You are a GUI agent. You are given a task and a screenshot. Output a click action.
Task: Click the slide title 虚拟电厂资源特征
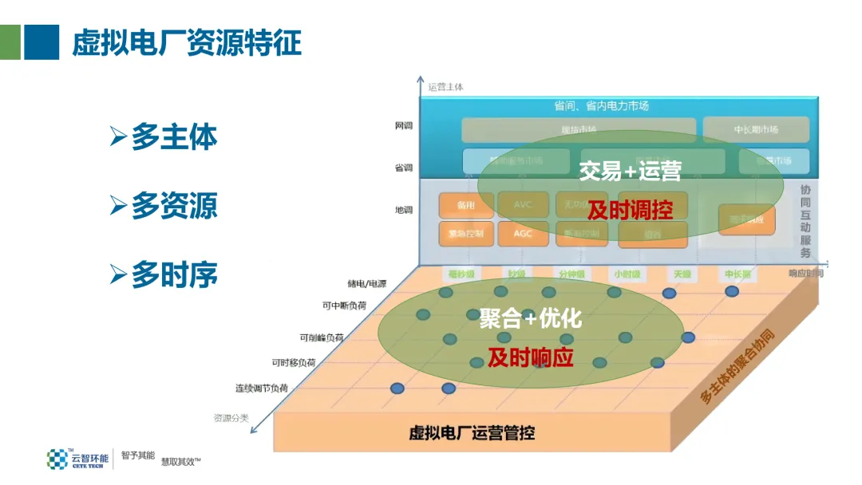tap(187, 42)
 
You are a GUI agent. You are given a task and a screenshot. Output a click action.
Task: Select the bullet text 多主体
tap(174, 137)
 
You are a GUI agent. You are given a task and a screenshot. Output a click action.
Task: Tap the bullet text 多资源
tap(174, 207)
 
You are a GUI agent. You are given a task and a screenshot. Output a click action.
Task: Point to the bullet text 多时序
tap(174, 275)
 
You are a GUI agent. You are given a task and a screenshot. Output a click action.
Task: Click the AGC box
tap(523, 234)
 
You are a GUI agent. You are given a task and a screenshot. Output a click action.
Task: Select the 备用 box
tap(465, 205)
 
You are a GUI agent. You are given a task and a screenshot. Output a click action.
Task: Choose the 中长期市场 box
tap(756, 129)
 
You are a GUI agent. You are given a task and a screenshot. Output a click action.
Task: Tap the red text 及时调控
tap(630, 210)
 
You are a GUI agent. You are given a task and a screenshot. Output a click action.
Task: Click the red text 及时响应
tap(531, 357)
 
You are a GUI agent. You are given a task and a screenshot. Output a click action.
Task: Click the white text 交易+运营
tap(630, 170)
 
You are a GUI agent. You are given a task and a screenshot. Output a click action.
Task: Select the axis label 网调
tap(404, 126)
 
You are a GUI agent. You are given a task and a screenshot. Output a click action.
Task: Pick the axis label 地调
tap(404, 211)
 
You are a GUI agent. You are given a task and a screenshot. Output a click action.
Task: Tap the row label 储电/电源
tap(366, 283)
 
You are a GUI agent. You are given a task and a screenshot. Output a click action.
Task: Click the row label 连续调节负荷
tap(261, 388)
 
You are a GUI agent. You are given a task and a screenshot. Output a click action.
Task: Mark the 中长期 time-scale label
tap(737, 274)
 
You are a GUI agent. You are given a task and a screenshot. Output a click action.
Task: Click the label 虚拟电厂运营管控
tap(472, 433)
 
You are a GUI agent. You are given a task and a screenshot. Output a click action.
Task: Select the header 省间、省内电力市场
tap(601, 106)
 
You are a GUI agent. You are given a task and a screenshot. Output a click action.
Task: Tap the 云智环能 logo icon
tap(57, 459)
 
